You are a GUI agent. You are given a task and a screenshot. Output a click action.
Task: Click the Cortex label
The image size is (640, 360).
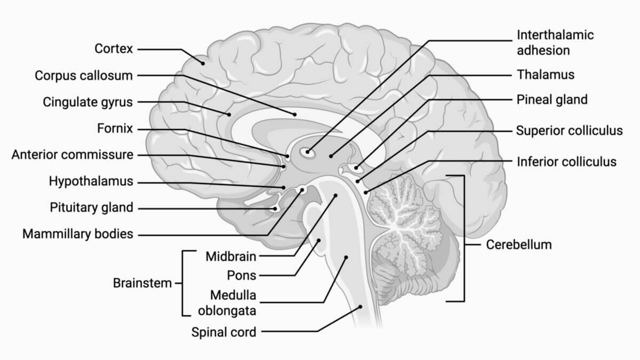(113, 49)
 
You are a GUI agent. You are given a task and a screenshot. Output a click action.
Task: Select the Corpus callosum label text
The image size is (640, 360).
(84, 76)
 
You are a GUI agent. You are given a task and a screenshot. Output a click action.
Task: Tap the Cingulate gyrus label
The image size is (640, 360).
(88, 102)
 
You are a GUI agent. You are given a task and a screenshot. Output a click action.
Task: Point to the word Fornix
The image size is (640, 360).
(115, 129)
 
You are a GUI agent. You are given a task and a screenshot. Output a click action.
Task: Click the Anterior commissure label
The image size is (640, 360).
(73, 155)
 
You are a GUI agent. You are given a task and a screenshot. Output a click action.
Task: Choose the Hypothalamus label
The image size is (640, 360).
(91, 181)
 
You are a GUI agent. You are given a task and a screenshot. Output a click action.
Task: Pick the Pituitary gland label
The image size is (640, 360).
(91, 207)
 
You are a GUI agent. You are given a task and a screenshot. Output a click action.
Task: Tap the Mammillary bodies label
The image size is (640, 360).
(78, 234)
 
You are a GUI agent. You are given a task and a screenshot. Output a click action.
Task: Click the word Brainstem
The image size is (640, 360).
(142, 283)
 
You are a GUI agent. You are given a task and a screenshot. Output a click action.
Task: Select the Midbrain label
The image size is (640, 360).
(231, 257)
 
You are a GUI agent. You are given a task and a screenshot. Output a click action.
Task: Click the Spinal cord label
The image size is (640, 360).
(224, 332)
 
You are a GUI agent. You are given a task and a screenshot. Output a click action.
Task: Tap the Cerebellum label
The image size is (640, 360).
(519, 245)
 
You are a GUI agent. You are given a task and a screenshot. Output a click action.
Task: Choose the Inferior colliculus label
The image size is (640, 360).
(566, 161)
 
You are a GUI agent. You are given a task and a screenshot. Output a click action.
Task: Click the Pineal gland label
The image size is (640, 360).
(552, 100)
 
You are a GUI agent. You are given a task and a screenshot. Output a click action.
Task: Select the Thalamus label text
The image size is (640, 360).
(546, 75)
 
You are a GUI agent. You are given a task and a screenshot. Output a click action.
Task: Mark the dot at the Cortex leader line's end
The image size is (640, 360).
(203, 63)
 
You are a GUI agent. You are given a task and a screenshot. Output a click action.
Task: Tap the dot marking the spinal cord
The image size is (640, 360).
(361, 307)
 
